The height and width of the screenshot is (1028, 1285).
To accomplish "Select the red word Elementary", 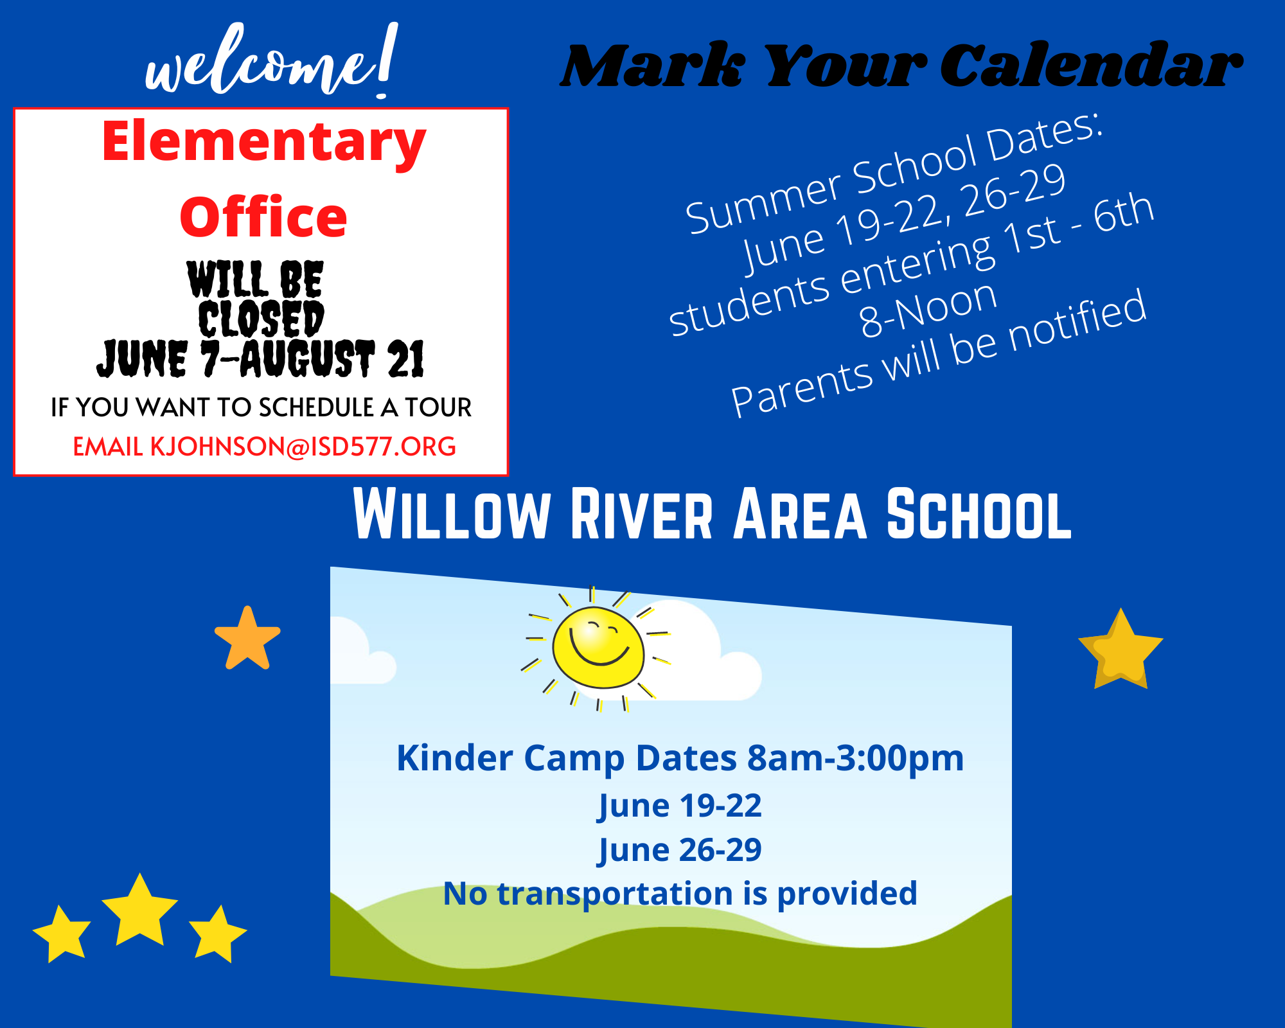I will tap(263, 143).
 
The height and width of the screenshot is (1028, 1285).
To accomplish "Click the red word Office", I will tap(263, 217).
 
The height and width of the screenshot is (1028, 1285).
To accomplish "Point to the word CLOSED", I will tap(261, 319).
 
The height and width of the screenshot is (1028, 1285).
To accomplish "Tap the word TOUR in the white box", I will tap(438, 407).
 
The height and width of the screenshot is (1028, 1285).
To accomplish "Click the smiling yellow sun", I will tap(598, 648).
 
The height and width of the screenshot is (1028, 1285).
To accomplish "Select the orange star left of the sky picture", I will tap(247, 639).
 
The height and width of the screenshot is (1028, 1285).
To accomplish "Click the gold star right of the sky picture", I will tap(1121, 650).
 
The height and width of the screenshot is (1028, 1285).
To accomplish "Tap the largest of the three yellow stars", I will tap(139, 911).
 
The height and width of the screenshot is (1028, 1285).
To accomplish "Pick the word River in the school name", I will tap(642, 515).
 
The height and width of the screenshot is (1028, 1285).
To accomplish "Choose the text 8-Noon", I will tap(928, 310).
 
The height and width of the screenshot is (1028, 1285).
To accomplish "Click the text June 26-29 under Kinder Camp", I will tap(680, 849).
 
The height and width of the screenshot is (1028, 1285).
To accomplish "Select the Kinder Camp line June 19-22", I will tap(680, 805).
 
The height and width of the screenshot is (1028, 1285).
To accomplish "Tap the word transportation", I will tap(615, 894).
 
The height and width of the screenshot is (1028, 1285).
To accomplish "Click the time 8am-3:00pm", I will tap(855, 758).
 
